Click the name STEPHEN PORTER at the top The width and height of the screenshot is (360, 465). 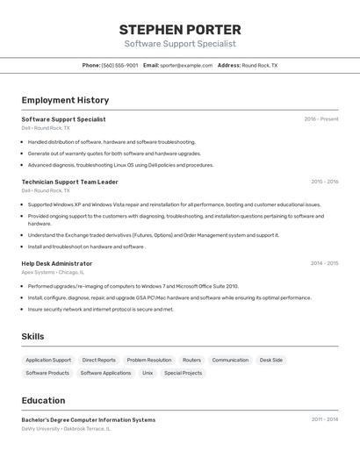point(180,29)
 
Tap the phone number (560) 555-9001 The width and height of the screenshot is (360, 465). point(119,65)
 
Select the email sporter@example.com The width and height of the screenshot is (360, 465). point(186,65)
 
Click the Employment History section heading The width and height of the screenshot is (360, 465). point(65,100)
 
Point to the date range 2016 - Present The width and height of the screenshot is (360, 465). point(321,119)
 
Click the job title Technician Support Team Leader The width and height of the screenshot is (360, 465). point(69,182)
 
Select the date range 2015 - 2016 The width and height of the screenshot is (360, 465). point(324,182)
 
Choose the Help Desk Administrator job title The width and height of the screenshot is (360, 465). point(56,263)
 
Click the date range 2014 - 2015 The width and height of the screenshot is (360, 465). point(324,263)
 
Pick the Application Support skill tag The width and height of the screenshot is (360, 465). point(48,360)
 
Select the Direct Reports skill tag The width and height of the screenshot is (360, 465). point(99,360)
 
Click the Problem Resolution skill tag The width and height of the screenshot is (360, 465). point(149,360)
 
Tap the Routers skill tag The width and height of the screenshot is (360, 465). point(191,360)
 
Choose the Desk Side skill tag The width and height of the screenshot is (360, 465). point(271,360)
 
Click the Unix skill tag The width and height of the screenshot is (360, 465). point(148,373)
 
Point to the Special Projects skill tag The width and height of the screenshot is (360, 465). point(183,373)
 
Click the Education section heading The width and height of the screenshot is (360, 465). point(43,400)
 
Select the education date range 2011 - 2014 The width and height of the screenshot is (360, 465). point(324,419)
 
